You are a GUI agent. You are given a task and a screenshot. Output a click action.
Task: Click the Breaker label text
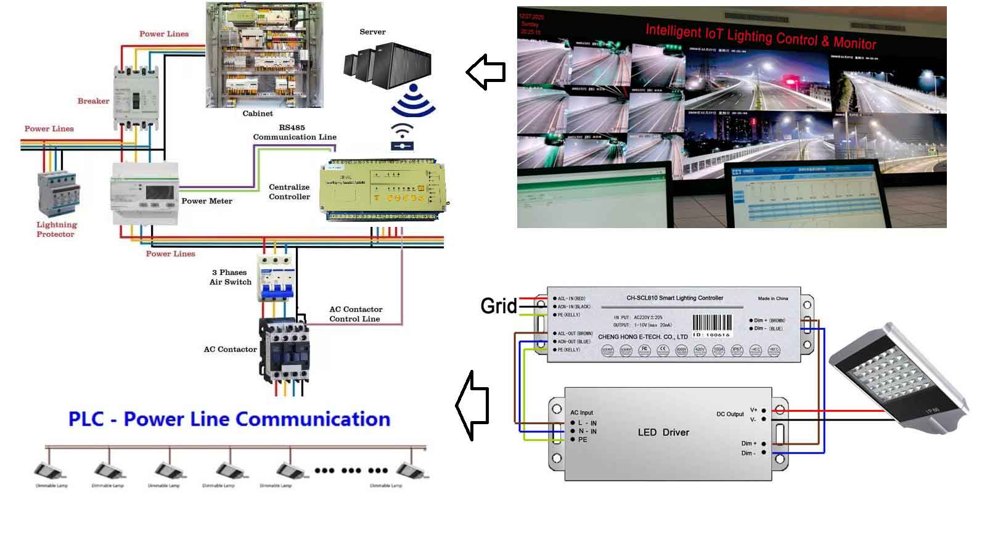tap(93, 101)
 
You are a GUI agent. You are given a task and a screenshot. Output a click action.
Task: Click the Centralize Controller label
tap(289, 192)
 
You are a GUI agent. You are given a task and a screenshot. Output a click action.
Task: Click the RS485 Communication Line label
tap(295, 133)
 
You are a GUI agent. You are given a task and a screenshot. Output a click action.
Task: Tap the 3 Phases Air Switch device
tap(274, 278)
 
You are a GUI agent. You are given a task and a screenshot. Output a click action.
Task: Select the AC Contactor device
tap(284, 348)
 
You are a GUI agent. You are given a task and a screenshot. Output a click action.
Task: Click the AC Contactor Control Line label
tap(356, 314)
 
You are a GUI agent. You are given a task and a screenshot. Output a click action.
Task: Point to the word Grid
tap(498, 306)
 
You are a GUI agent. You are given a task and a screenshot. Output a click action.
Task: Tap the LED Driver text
tap(663, 432)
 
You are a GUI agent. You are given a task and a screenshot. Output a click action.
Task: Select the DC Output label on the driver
tap(730, 414)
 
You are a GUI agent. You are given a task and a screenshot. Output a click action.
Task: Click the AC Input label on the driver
tap(581, 412)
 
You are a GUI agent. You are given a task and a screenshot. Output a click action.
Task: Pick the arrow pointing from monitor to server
tap(486, 72)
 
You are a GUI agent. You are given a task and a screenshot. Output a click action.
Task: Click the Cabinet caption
tap(258, 113)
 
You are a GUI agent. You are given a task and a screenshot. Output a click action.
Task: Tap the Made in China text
tap(772, 298)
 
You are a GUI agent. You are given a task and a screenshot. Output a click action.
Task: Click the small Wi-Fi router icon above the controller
tap(402, 137)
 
